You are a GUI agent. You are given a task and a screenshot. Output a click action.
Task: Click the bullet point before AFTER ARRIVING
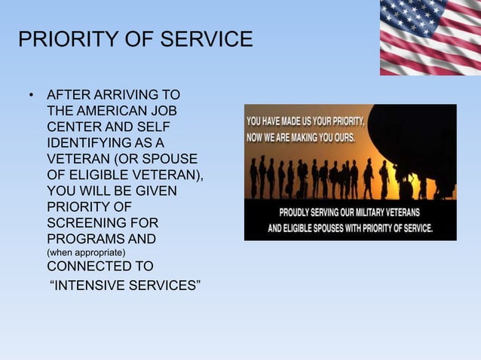tap(31, 96)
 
